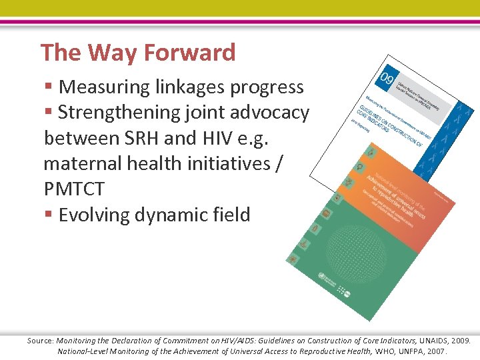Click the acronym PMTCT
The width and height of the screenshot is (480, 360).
[74, 189]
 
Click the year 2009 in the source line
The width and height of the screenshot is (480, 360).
[461, 340]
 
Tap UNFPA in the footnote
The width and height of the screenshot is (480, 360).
[401, 351]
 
